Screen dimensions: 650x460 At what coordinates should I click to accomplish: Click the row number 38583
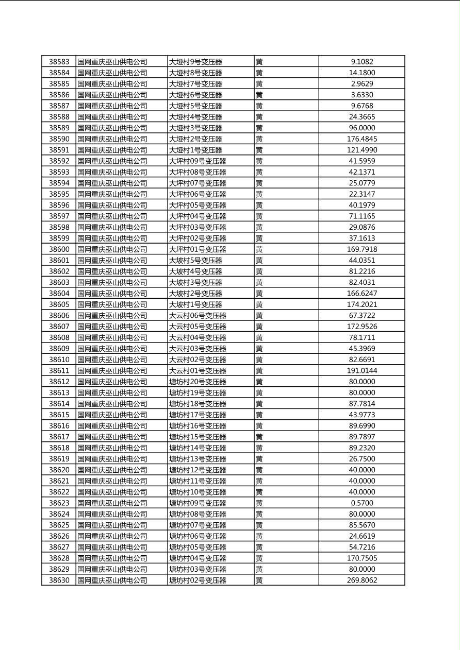coord(59,62)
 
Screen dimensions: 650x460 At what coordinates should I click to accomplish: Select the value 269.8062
coord(362,580)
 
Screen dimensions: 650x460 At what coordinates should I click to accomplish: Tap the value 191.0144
coord(362,371)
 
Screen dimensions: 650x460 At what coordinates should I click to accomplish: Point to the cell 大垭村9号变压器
coord(195,62)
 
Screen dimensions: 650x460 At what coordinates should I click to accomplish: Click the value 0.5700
coord(362,503)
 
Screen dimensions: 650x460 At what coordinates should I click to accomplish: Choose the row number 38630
coord(59,580)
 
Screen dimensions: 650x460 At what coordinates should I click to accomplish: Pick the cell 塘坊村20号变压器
coord(198,382)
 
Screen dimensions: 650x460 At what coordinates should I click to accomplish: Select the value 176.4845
coord(362,139)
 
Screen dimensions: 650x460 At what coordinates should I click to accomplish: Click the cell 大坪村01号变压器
coord(198,249)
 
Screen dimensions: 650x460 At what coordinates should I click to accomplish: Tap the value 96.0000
coord(362,128)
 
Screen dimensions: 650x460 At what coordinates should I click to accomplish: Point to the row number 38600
coord(59,249)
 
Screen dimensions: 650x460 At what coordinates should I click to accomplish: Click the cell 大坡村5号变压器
coord(195,261)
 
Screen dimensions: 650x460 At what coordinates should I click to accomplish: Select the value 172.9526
coord(362,327)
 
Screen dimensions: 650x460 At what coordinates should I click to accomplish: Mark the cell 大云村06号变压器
coord(198,316)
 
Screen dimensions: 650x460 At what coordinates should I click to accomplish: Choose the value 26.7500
coord(362,459)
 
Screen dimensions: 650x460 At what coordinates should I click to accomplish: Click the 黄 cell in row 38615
coord(259,415)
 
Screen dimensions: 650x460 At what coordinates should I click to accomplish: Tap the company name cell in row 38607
coord(112,327)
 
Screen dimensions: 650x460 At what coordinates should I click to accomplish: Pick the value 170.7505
coord(362,558)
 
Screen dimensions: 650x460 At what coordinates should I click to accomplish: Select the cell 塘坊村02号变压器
coord(198,580)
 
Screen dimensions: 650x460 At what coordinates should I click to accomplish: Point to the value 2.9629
coord(362,84)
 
